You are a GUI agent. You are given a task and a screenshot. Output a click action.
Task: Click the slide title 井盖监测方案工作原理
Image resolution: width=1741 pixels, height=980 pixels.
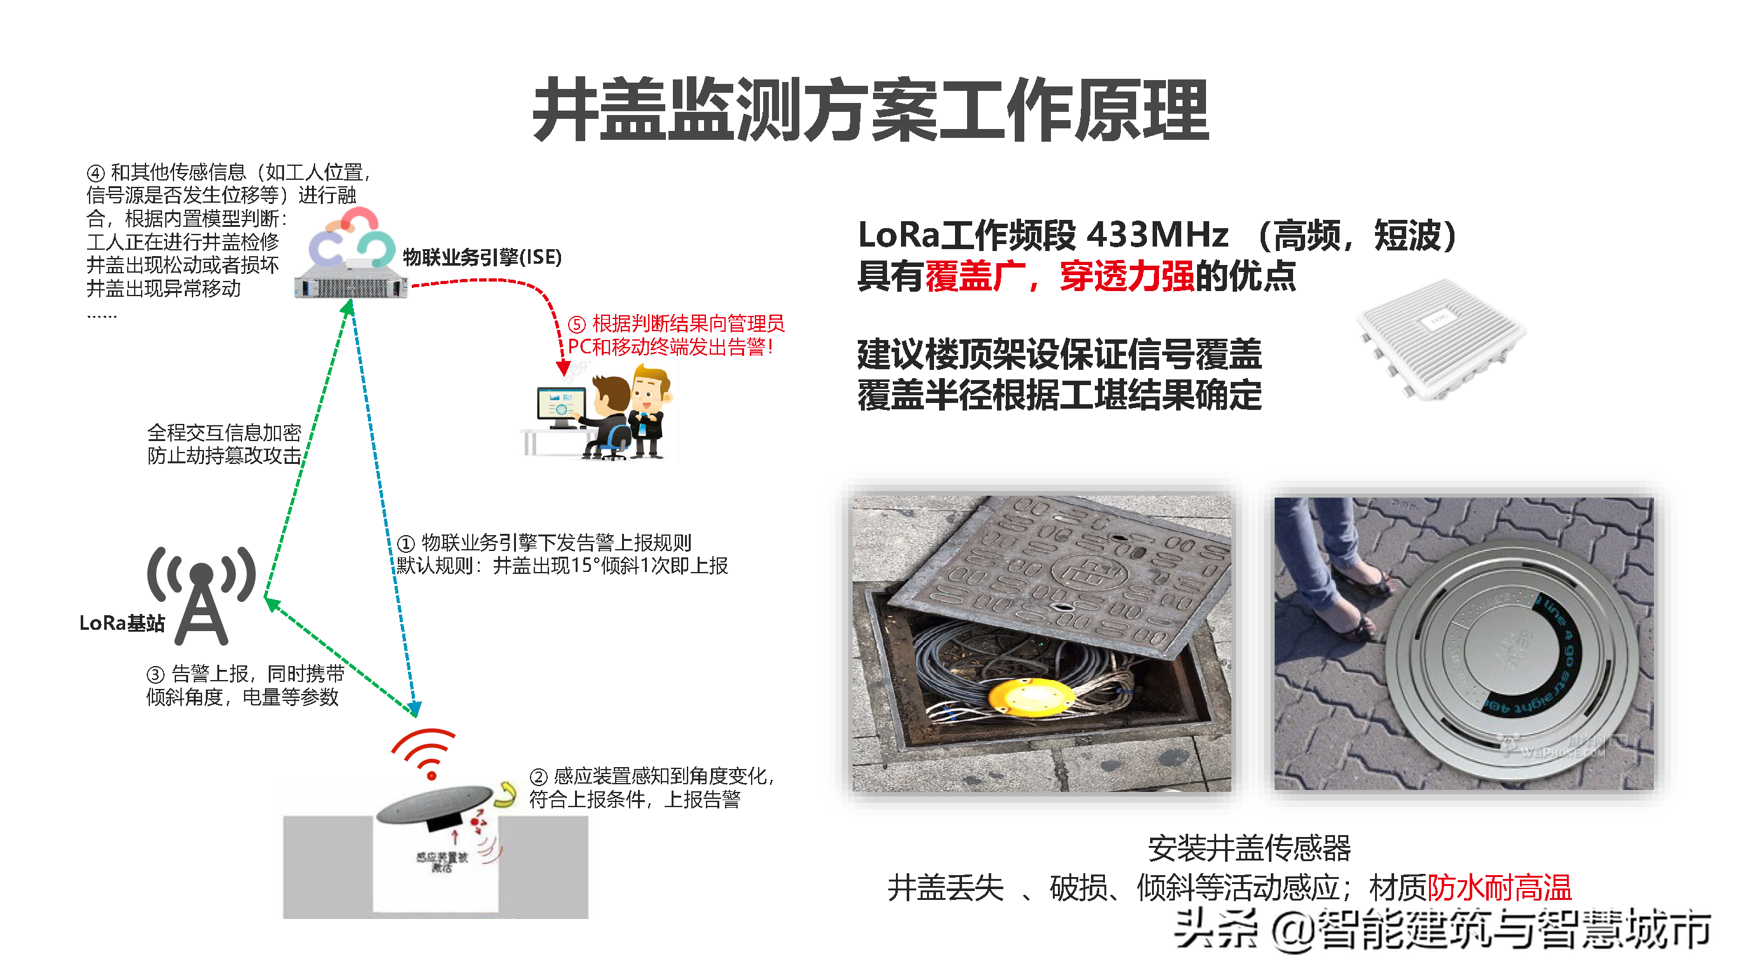point(870,109)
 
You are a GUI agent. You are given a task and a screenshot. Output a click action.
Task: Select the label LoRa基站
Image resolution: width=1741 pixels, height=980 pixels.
point(121,622)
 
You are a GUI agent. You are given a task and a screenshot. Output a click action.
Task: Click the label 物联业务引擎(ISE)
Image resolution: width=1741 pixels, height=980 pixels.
point(482,257)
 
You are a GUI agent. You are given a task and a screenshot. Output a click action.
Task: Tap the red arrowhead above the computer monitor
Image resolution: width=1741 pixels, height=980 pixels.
point(563,369)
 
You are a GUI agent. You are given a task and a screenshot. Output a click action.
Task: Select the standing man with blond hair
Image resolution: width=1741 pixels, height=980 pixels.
point(649,412)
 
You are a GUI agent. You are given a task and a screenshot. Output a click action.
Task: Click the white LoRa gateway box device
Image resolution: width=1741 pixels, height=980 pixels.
point(1440,338)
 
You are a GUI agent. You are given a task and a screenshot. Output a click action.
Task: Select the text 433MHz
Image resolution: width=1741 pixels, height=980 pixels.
point(1157,235)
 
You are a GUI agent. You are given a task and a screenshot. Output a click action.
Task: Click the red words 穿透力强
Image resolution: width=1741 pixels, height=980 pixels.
point(1127,276)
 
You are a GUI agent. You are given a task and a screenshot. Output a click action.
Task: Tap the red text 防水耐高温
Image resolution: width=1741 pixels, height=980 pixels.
point(1498,887)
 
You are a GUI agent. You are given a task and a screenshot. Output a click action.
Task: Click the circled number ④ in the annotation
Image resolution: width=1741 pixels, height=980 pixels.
point(95,173)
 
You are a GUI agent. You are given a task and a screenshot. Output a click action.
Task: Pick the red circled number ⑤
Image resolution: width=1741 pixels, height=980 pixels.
point(576,324)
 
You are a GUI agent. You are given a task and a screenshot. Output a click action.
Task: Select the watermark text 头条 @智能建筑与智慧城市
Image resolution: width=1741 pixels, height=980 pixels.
point(1443,929)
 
